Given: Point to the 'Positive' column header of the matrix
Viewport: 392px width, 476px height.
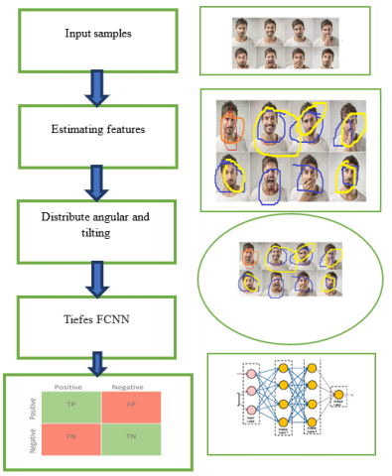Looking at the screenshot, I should click(66, 386).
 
